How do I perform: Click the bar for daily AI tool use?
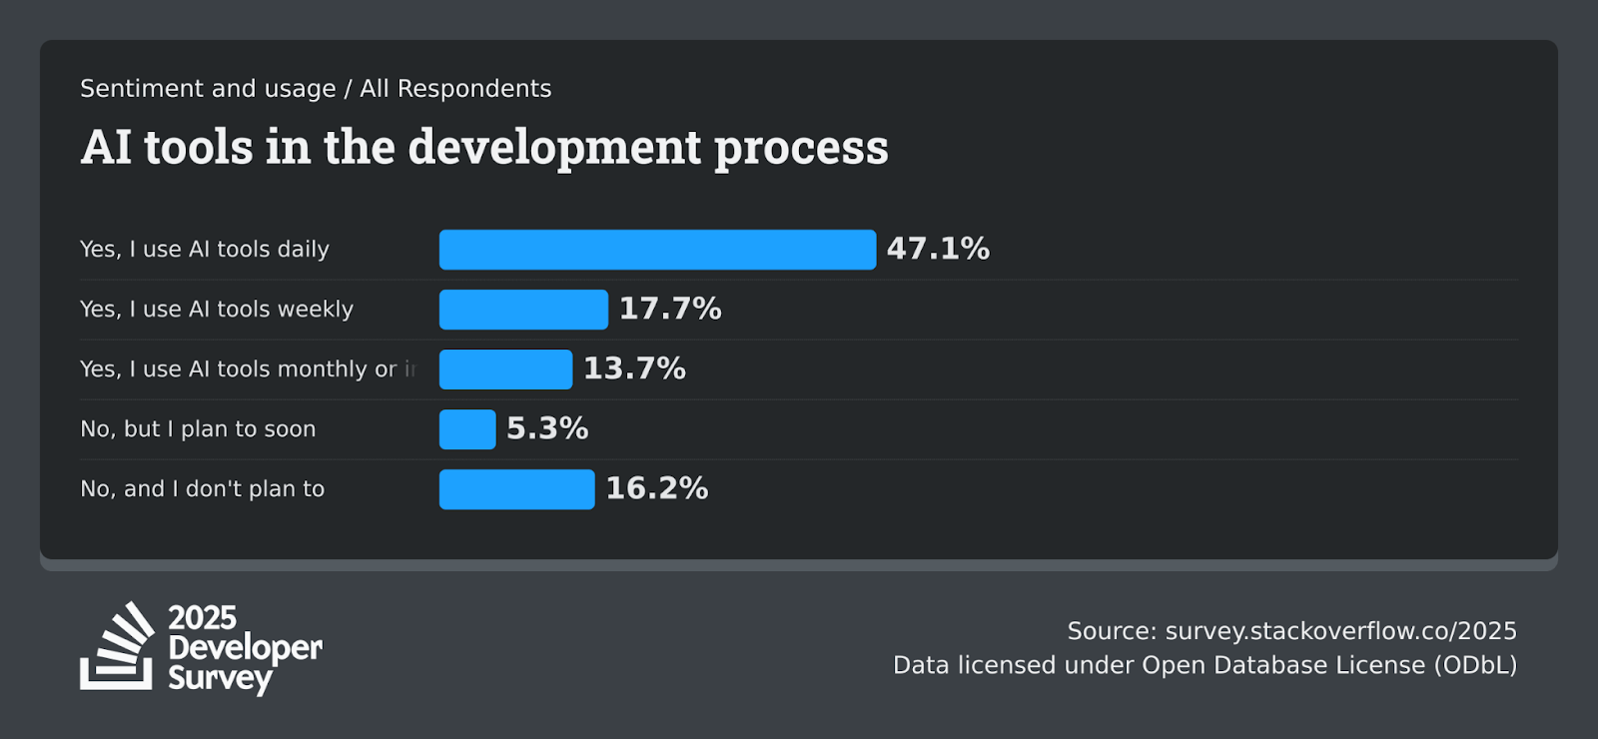point(657,250)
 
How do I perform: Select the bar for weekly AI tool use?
point(523,310)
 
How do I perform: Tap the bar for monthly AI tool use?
point(505,369)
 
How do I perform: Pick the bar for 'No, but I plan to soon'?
point(467,429)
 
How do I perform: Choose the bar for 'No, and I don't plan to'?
point(516,489)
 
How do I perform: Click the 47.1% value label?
point(938,249)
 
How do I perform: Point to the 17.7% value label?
point(670,309)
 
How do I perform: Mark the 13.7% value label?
point(634,369)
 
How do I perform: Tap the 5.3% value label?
point(547,428)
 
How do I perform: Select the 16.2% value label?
point(657,488)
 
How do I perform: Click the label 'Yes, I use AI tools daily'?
point(205,250)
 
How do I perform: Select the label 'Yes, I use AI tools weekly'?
point(217,310)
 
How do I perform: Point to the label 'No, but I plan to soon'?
point(198,429)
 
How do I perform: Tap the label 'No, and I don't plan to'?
point(203,489)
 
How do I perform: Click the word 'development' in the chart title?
point(555,148)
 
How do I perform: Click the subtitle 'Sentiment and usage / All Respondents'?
point(316,89)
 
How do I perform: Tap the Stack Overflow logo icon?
point(118,647)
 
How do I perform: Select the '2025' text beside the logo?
point(203,617)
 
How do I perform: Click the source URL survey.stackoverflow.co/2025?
point(1340,631)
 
